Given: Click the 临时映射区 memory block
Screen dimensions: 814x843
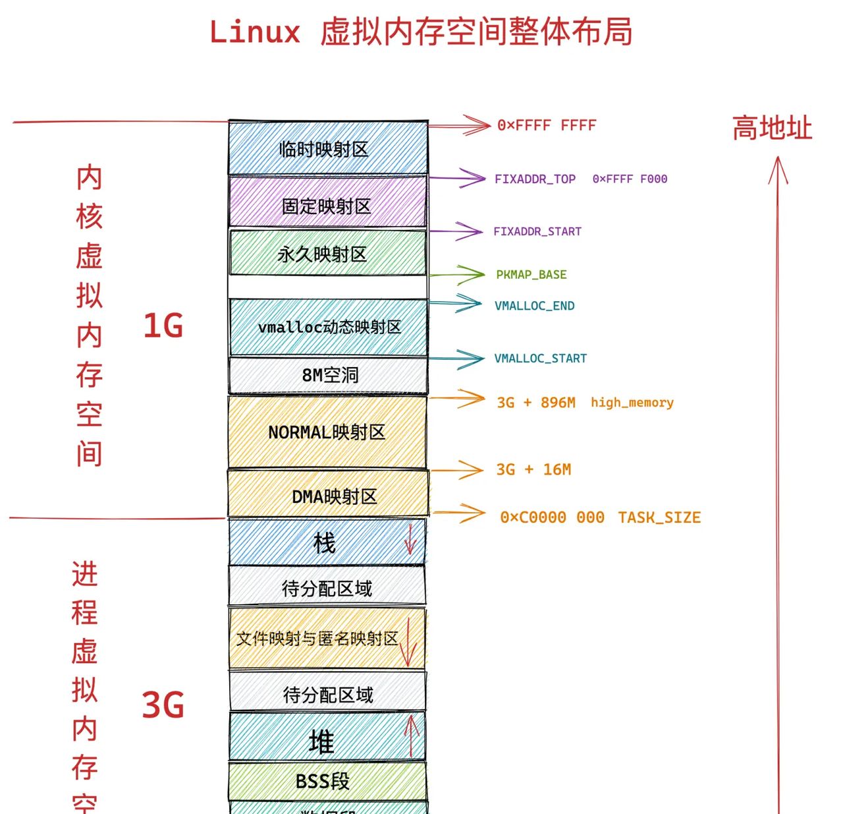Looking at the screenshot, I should pyautogui.click(x=328, y=149).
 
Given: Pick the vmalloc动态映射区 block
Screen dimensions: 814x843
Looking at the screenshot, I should pyautogui.click(x=328, y=327).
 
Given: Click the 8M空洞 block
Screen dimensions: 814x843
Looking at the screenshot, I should pyautogui.click(x=328, y=375).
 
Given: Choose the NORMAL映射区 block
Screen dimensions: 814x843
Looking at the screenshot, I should pyautogui.click(x=327, y=432).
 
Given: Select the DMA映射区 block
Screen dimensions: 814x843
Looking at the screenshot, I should pyautogui.click(x=328, y=496).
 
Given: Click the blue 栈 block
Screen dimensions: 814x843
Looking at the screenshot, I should pyautogui.click(x=324, y=543).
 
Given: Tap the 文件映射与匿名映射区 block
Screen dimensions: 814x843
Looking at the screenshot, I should pyautogui.click(x=318, y=638).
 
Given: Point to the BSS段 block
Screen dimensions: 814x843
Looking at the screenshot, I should pyautogui.click(x=323, y=781).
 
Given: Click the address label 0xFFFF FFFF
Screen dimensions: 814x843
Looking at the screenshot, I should pyautogui.click(x=547, y=125).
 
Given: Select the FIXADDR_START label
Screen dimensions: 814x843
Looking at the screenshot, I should pyautogui.click(x=537, y=231).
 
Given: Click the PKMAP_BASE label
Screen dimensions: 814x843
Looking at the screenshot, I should pyautogui.click(x=531, y=274).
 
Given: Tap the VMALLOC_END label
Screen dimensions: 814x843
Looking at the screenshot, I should pyautogui.click(x=535, y=306).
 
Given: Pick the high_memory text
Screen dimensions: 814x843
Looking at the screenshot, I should pyautogui.click(x=632, y=402).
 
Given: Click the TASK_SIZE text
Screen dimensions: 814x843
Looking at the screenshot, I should pyautogui.click(x=659, y=517).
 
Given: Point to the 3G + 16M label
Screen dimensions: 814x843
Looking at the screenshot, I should pyautogui.click(x=533, y=469).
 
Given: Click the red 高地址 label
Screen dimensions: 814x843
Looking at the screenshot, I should pyautogui.click(x=772, y=128).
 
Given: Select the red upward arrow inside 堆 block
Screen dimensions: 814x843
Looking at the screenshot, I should pyautogui.click(x=412, y=736).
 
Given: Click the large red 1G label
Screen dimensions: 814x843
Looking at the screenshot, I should pyautogui.click(x=163, y=326).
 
